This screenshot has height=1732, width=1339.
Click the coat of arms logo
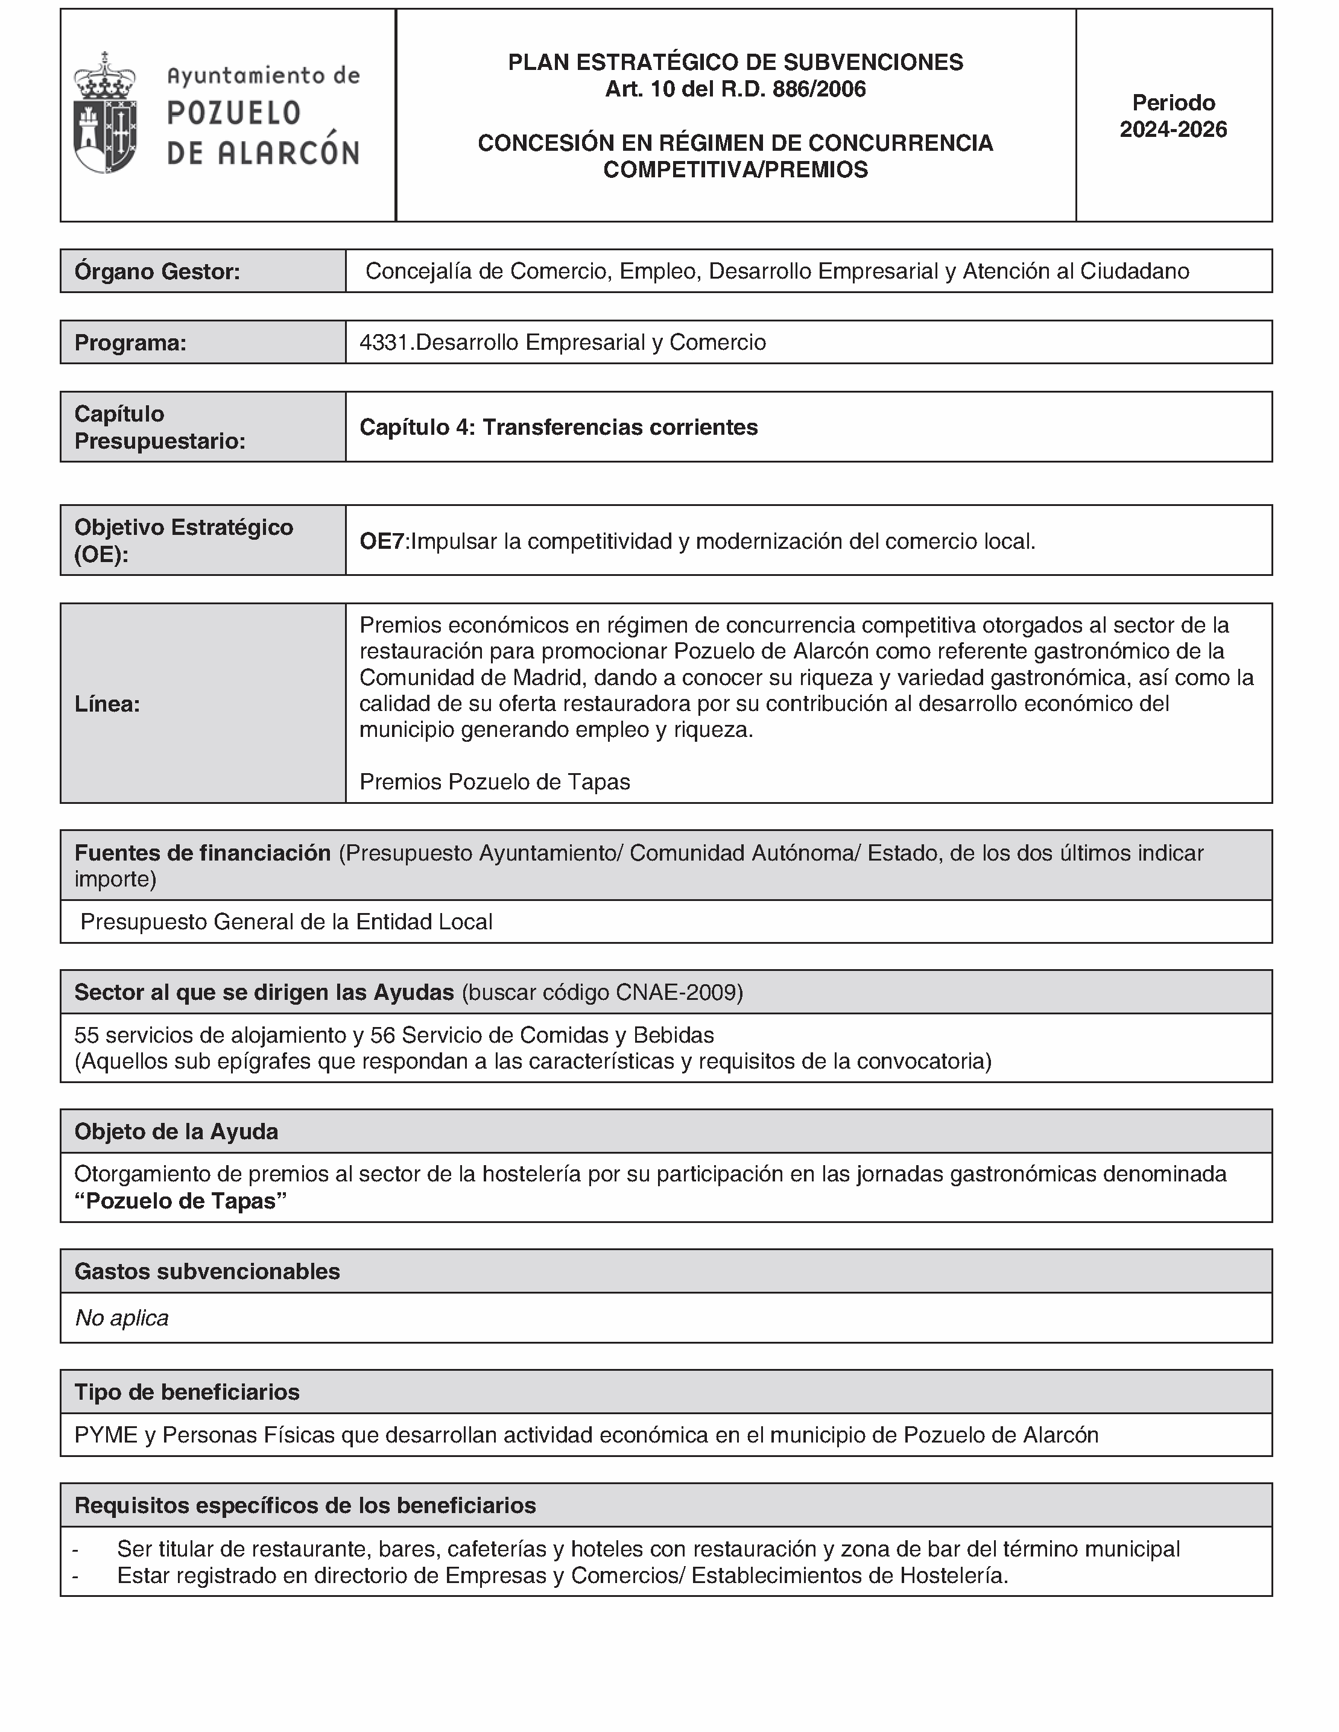[x=105, y=113]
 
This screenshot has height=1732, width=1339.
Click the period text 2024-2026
[x=1173, y=129]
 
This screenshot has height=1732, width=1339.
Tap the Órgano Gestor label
[x=157, y=272]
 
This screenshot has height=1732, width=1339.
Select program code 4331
[x=385, y=343]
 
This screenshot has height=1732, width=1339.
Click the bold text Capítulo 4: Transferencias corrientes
[x=559, y=428]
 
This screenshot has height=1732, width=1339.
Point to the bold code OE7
[x=382, y=542]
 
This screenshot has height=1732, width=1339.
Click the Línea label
[x=107, y=704]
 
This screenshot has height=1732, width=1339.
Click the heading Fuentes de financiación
[x=202, y=853]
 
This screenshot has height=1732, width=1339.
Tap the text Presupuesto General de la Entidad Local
[x=286, y=921]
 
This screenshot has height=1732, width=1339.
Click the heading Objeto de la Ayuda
[x=176, y=1132]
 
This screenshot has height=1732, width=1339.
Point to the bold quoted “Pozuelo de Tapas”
[x=180, y=1201]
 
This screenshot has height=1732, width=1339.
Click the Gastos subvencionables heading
[x=207, y=1271]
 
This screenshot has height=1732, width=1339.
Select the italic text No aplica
[x=121, y=1318]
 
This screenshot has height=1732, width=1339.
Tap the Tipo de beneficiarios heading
[x=187, y=1392]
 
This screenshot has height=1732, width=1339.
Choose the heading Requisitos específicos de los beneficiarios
[x=305, y=1505]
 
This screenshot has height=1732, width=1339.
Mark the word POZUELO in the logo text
[x=234, y=113]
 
